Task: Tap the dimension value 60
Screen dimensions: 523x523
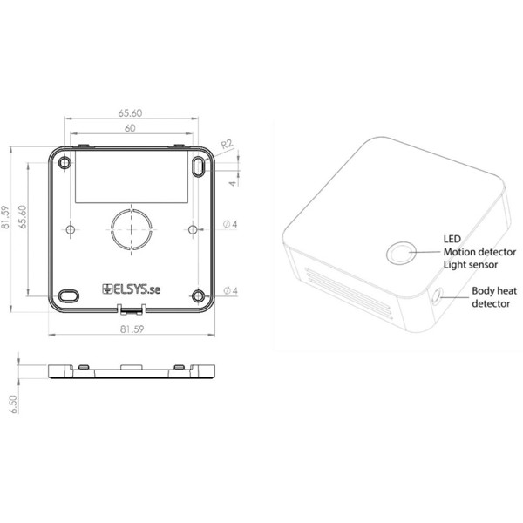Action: point(130,128)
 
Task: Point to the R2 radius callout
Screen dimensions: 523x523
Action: point(227,144)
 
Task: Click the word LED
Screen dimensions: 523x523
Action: point(452,237)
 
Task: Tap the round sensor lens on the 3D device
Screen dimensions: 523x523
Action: point(401,254)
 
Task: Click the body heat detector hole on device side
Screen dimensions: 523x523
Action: point(436,297)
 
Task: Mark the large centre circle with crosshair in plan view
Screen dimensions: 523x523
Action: point(132,229)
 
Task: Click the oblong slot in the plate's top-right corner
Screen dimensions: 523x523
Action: point(199,165)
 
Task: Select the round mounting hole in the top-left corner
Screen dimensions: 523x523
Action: point(65,162)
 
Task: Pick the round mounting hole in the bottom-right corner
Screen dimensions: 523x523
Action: point(198,295)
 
